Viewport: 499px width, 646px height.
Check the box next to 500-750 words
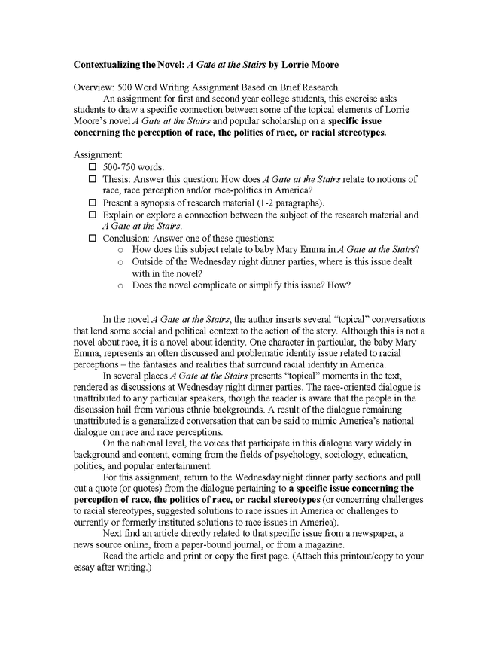pos(93,166)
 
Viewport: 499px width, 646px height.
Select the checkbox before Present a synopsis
pos(93,203)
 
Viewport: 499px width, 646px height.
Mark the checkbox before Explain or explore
pos(93,215)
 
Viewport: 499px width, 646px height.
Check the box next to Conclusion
pos(93,239)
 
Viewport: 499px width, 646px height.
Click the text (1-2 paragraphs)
pos(291,203)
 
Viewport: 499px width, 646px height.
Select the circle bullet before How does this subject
pos(120,250)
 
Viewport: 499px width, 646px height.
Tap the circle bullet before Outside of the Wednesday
pos(120,262)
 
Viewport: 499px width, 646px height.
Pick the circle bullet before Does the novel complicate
pos(120,286)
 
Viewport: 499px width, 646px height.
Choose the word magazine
pos(321,544)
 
